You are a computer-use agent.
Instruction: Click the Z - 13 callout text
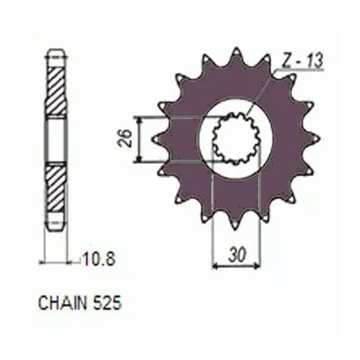pos(302,61)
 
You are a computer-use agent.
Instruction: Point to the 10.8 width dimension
pos(98,259)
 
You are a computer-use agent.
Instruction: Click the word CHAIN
pos(62,303)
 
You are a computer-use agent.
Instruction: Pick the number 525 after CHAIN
pos(107,303)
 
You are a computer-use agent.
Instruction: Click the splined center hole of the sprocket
pos(237,138)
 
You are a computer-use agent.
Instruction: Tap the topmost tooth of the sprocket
pos(237,54)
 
